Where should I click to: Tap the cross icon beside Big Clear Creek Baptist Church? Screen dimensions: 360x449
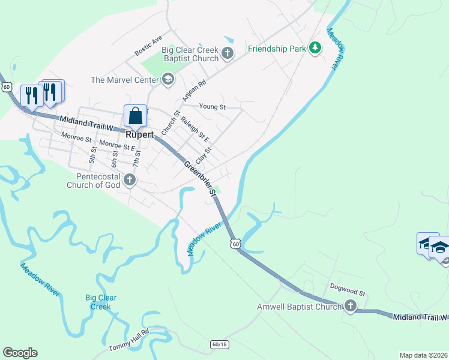pyautogui.click(x=227, y=53)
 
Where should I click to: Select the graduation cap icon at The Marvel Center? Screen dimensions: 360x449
pyautogui.click(x=167, y=79)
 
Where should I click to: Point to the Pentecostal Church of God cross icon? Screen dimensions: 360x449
pyautogui.click(x=129, y=179)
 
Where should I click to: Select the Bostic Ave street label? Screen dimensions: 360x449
pyautogui.click(x=149, y=46)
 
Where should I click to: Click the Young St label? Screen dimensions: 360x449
pyautogui.click(x=212, y=107)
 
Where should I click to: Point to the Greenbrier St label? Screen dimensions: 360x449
pyautogui.click(x=200, y=178)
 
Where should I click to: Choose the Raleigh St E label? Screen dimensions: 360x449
pyautogui.click(x=194, y=129)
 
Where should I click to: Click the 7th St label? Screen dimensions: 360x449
pyautogui.click(x=137, y=160)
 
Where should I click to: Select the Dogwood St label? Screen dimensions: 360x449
pyautogui.click(x=348, y=292)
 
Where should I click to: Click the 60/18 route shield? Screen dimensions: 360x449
pyautogui.click(x=219, y=344)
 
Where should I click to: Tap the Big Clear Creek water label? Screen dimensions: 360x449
pyautogui.click(x=100, y=302)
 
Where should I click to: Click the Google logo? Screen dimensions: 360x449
pyautogui.click(x=20, y=353)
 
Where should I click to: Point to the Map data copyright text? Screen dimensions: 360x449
pyautogui.click(x=424, y=355)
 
